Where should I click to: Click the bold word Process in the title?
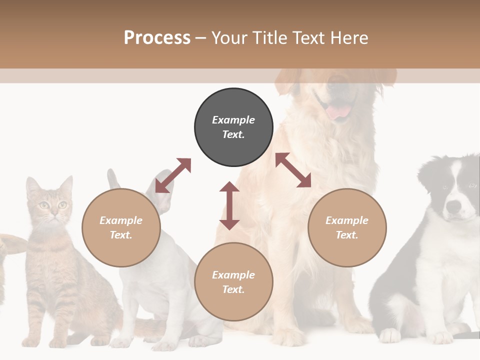point(157,38)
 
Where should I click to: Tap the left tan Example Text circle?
point(121,227)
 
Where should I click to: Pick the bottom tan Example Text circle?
point(233,282)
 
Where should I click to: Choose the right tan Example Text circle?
point(347,227)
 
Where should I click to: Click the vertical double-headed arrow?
point(229,205)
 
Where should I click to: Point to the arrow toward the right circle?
point(293,170)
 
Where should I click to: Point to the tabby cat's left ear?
point(33,186)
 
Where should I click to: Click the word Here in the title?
point(350,38)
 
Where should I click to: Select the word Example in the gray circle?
point(233,120)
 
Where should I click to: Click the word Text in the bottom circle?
point(233,289)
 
